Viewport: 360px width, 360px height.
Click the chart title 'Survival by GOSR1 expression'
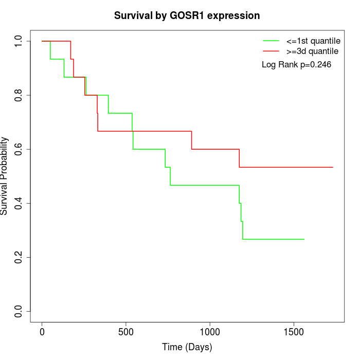[187, 16]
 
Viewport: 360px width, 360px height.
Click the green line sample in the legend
[271, 41]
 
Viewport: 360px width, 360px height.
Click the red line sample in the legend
[271, 51]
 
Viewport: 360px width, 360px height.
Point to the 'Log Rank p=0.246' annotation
[296, 65]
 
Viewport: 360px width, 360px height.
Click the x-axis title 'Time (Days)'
[187, 347]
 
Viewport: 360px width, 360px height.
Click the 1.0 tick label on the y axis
[19, 41]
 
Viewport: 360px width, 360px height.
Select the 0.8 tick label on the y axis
[19, 95]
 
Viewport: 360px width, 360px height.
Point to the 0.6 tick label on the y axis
[19, 149]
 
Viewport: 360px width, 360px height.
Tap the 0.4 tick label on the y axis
[19, 203]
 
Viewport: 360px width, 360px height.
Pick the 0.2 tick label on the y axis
[19, 257]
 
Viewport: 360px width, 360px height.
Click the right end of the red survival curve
[333, 167]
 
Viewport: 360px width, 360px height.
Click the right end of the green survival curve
[304, 239]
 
